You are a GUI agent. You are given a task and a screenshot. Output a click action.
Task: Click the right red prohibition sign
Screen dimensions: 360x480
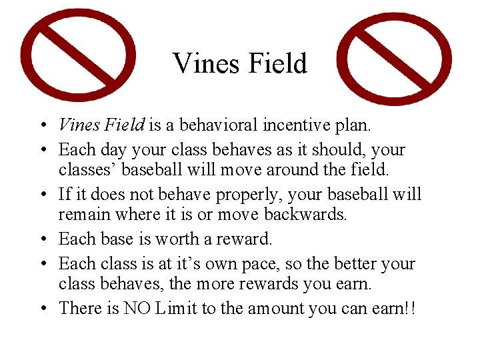coord(395,59)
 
